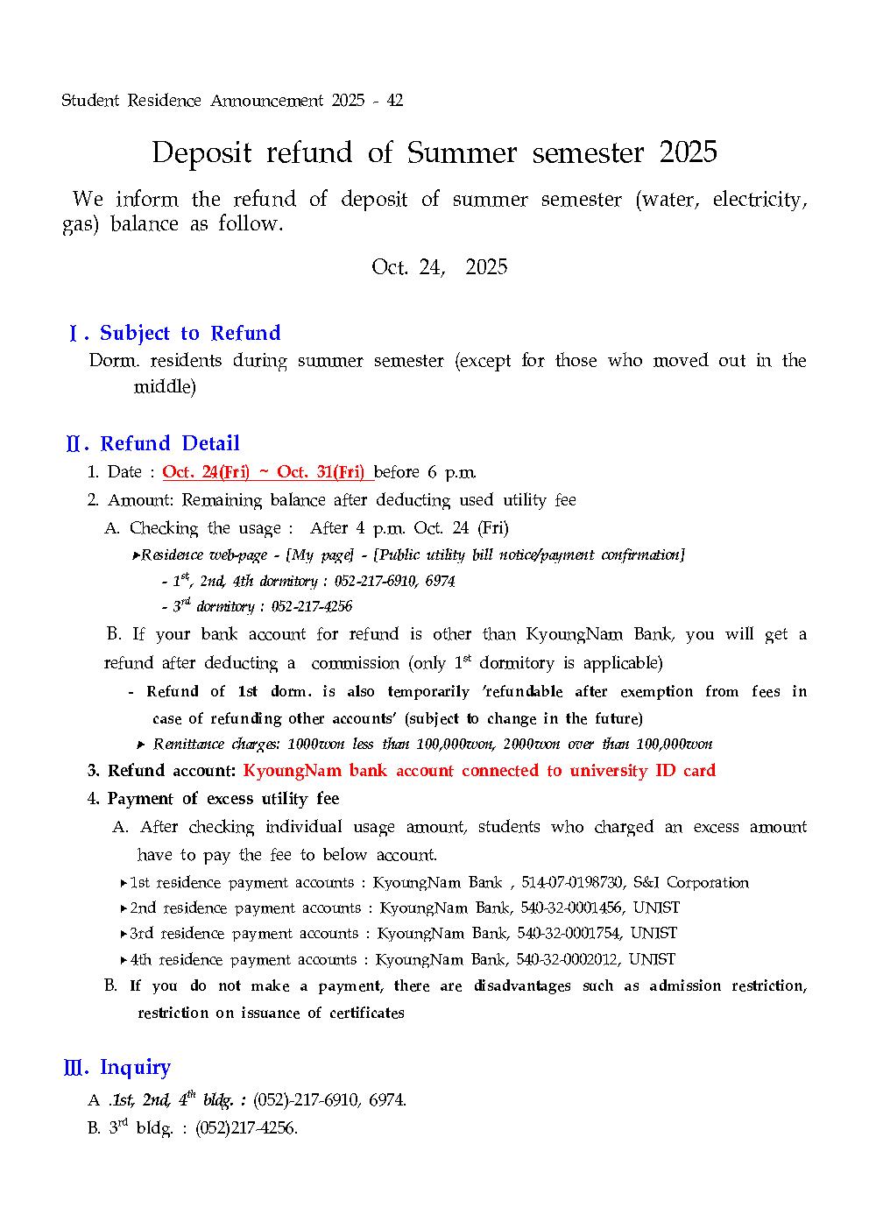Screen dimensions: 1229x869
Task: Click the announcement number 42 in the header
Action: pos(394,101)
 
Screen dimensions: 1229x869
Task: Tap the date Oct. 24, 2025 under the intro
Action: pos(439,267)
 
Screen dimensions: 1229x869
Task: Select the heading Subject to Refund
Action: pos(190,333)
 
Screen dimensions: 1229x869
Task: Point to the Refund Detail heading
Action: pos(169,443)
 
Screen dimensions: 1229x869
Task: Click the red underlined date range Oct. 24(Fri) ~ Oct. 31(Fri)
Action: pos(267,472)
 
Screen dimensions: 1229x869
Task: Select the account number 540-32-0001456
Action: pos(569,908)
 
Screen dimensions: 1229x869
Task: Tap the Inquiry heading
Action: pos(135,1067)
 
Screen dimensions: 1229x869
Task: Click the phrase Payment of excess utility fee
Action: pos(223,799)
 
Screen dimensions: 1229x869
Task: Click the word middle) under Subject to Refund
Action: pos(165,386)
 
